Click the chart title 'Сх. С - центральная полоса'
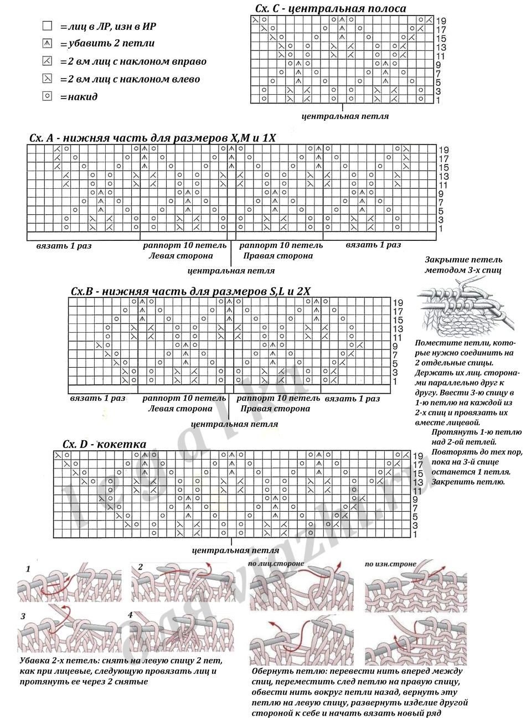330,8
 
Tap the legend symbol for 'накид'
48,96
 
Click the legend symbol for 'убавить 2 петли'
48,43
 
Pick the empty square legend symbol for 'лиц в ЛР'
48,25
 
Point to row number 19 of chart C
441,21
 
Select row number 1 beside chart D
415,534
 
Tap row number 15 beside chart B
398,320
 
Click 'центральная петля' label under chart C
345,116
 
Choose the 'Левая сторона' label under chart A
181,256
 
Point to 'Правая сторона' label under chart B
275,409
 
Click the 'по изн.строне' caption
390,564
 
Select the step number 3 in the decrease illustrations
23,616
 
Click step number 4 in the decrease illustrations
130,615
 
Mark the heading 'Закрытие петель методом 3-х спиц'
464,265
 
